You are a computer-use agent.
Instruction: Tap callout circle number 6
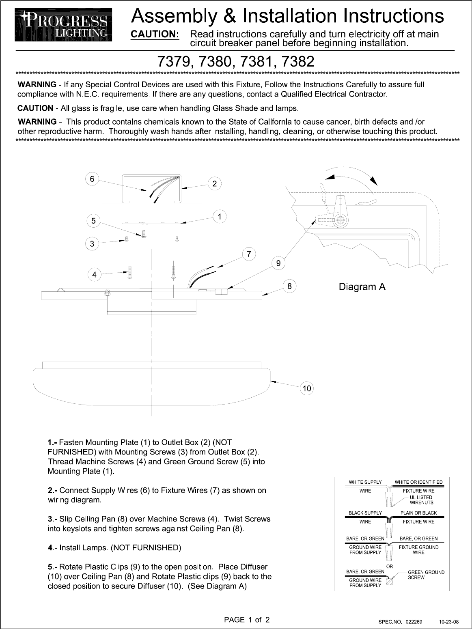click(x=92, y=179)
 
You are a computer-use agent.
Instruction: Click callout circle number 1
click(x=220, y=217)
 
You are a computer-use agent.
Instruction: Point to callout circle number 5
click(x=94, y=221)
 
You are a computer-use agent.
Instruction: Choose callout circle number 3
click(x=92, y=243)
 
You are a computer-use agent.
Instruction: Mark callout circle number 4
click(x=95, y=275)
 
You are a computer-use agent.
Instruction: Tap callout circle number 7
click(x=249, y=254)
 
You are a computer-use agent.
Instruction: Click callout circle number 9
click(x=278, y=263)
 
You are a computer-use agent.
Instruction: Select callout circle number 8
click(x=289, y=286)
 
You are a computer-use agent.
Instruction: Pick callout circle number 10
click(x=307, y=388)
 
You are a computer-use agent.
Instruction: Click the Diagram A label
click(x=362, y=287)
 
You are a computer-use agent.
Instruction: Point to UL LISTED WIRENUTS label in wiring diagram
click(x=421, y=500)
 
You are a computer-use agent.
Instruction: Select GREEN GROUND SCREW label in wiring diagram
click(x=426, y=575)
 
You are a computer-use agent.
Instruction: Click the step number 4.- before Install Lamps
click(x=52, y=548)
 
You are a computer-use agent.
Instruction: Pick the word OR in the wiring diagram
click(x=390, y=566)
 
